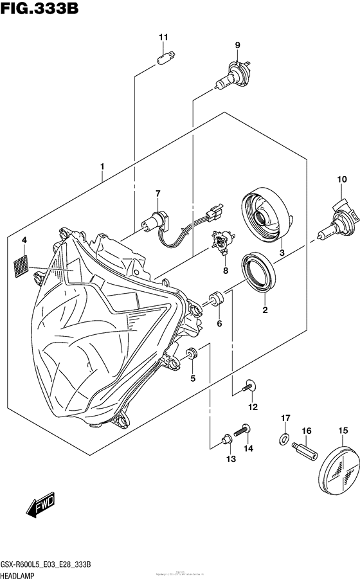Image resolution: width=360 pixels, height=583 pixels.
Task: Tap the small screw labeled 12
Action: point(250,386)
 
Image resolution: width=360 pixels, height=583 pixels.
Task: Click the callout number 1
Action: point(102,168)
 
